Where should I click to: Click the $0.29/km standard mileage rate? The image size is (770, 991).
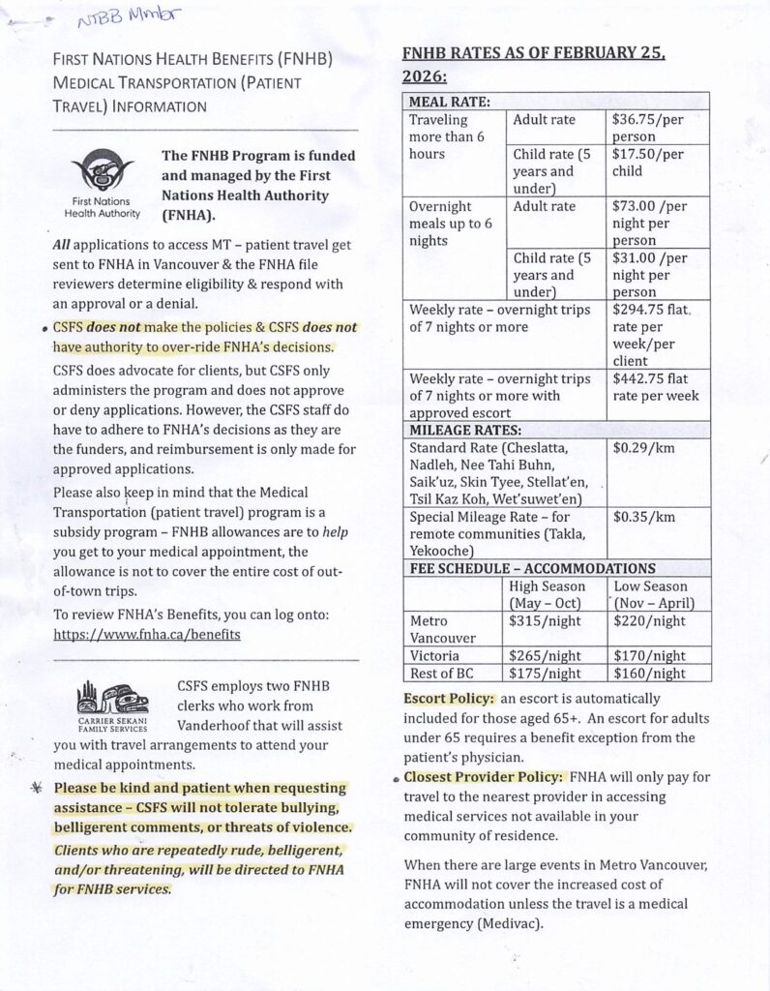[x=638, y=449]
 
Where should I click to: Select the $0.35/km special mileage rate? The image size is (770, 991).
[x=638, y=517]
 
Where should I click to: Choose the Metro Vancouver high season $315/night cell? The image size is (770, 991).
[x=538, y=620]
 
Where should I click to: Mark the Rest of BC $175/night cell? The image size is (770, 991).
[x=545, y=673]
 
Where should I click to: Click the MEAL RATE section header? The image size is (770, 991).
[x=450, y=102]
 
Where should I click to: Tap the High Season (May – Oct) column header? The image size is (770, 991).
[x=548, y=594]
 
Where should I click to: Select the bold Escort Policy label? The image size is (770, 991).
[x=449, y=698]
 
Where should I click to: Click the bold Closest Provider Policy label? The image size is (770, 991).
[x=484, y=776]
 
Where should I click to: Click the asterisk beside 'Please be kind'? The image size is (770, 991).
[x=36, y=788]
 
